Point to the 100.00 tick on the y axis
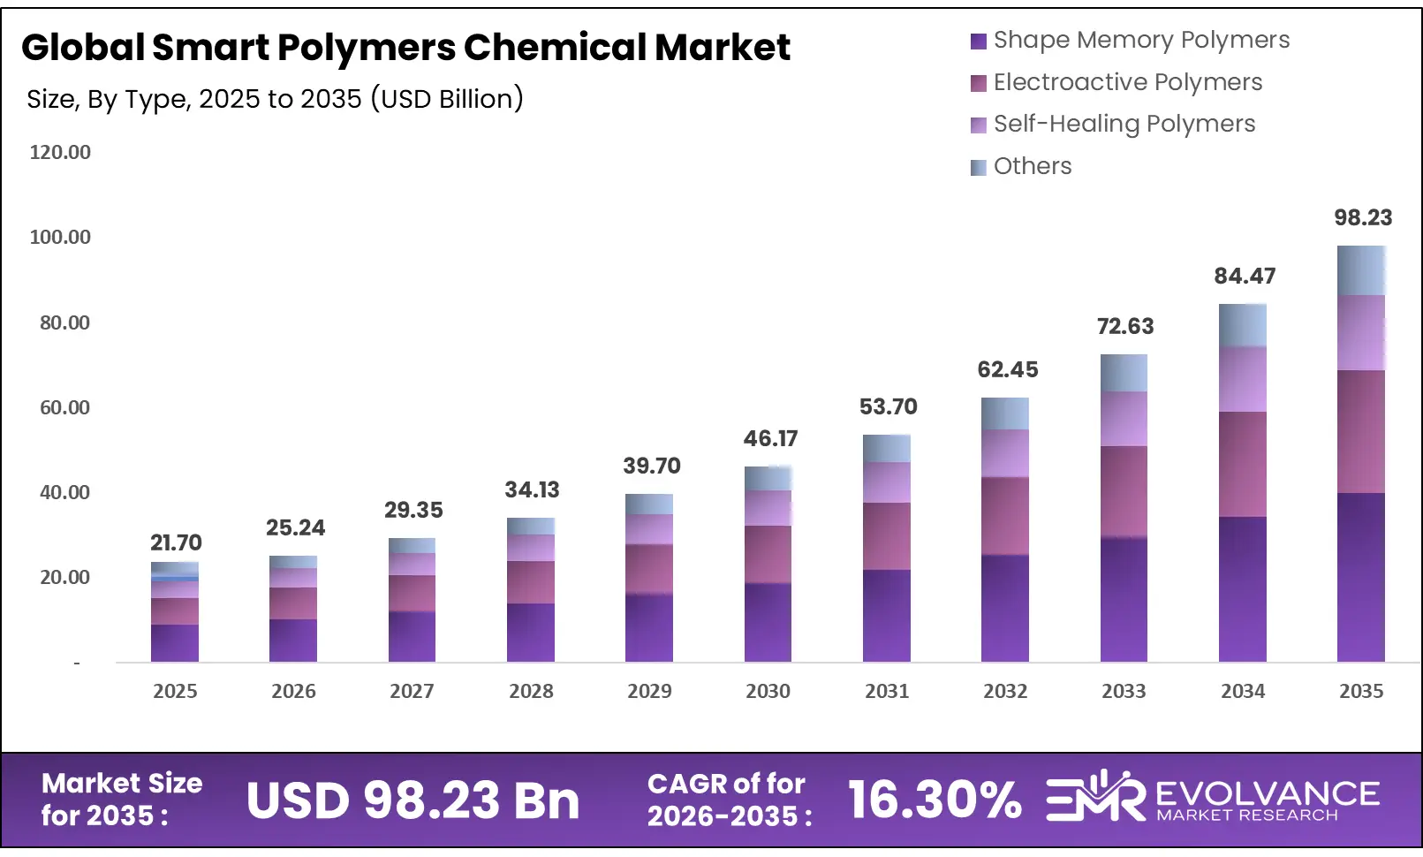click(60, 237)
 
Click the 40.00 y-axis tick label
click(64, 492)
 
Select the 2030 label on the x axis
click(768, 691)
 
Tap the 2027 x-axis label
click(412, 691)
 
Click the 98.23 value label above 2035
click(1362, 217)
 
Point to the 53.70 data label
click(888, 406)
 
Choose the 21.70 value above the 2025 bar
click(176, 542)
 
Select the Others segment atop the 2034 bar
click(1242, 325)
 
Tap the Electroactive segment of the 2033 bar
click(1124, 491)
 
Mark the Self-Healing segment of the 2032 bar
click(1005, 453)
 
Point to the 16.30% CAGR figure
click(935, 800)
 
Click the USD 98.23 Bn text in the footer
click(413, 800)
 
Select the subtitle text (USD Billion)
click(446, 99)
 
